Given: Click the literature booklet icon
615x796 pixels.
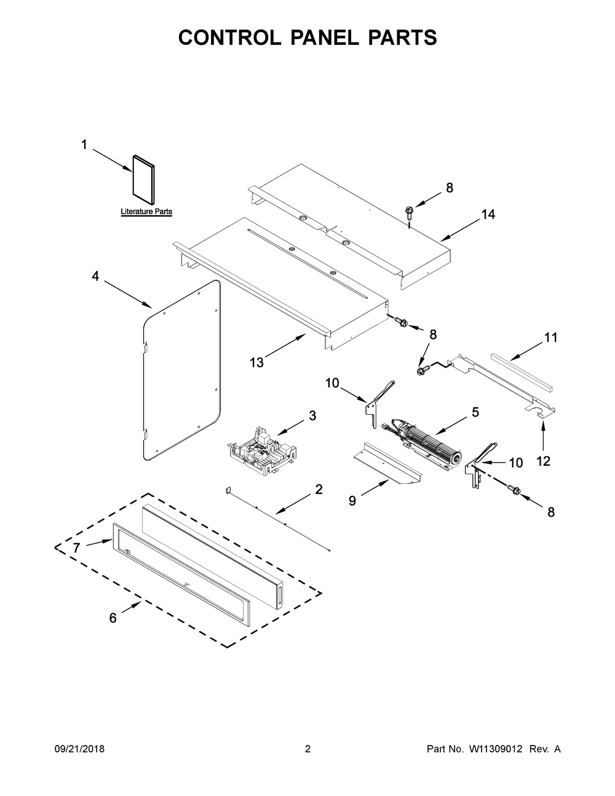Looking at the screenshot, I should [x=143, y=179].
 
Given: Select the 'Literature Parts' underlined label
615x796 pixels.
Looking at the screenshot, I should [x=146, y=212].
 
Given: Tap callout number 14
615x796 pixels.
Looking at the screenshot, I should [x=488, y=215].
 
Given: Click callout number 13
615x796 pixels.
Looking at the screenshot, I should [x=256, y=362].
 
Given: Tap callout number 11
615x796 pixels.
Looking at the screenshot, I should [x=550, y=337].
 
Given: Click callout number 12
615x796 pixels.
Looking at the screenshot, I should [x=544, y=461].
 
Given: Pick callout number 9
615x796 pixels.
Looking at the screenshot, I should [x=352, y=501].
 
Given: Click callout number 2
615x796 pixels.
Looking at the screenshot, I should [x=319, y=490].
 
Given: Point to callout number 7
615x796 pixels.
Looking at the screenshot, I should [x=76, y=546].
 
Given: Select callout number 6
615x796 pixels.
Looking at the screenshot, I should [x=113, y=618].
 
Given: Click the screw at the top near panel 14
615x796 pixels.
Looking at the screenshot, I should [x=409, y=212].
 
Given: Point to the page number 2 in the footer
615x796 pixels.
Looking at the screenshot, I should [x=307, y=749].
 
